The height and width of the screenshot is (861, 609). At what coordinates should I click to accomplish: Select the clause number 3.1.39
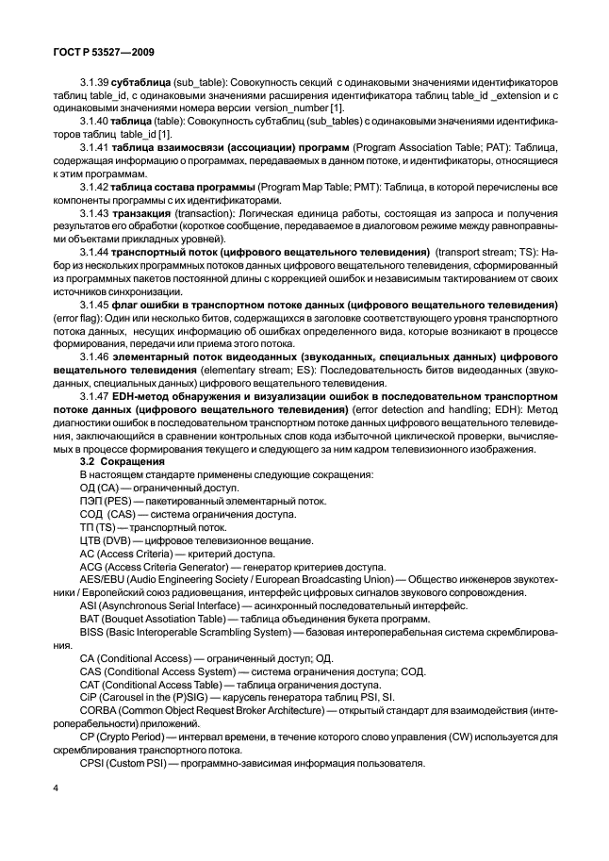click(x=96, y=84)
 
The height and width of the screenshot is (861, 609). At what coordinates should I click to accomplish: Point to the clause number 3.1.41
click(x=96, y=149)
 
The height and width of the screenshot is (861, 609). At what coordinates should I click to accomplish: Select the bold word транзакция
click(x=144, y=215)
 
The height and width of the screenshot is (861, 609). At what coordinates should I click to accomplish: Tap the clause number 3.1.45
click(x=96, y=306)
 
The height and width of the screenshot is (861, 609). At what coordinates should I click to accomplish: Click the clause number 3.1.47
click(x=96, y=397)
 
